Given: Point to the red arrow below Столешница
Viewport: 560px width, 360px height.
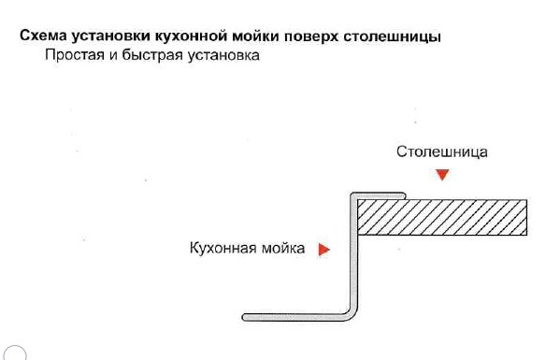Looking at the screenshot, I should pos(443,175).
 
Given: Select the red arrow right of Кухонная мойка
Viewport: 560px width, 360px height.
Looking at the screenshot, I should pos(324,250).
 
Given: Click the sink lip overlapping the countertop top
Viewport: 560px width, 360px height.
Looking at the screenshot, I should pos(379,195).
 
